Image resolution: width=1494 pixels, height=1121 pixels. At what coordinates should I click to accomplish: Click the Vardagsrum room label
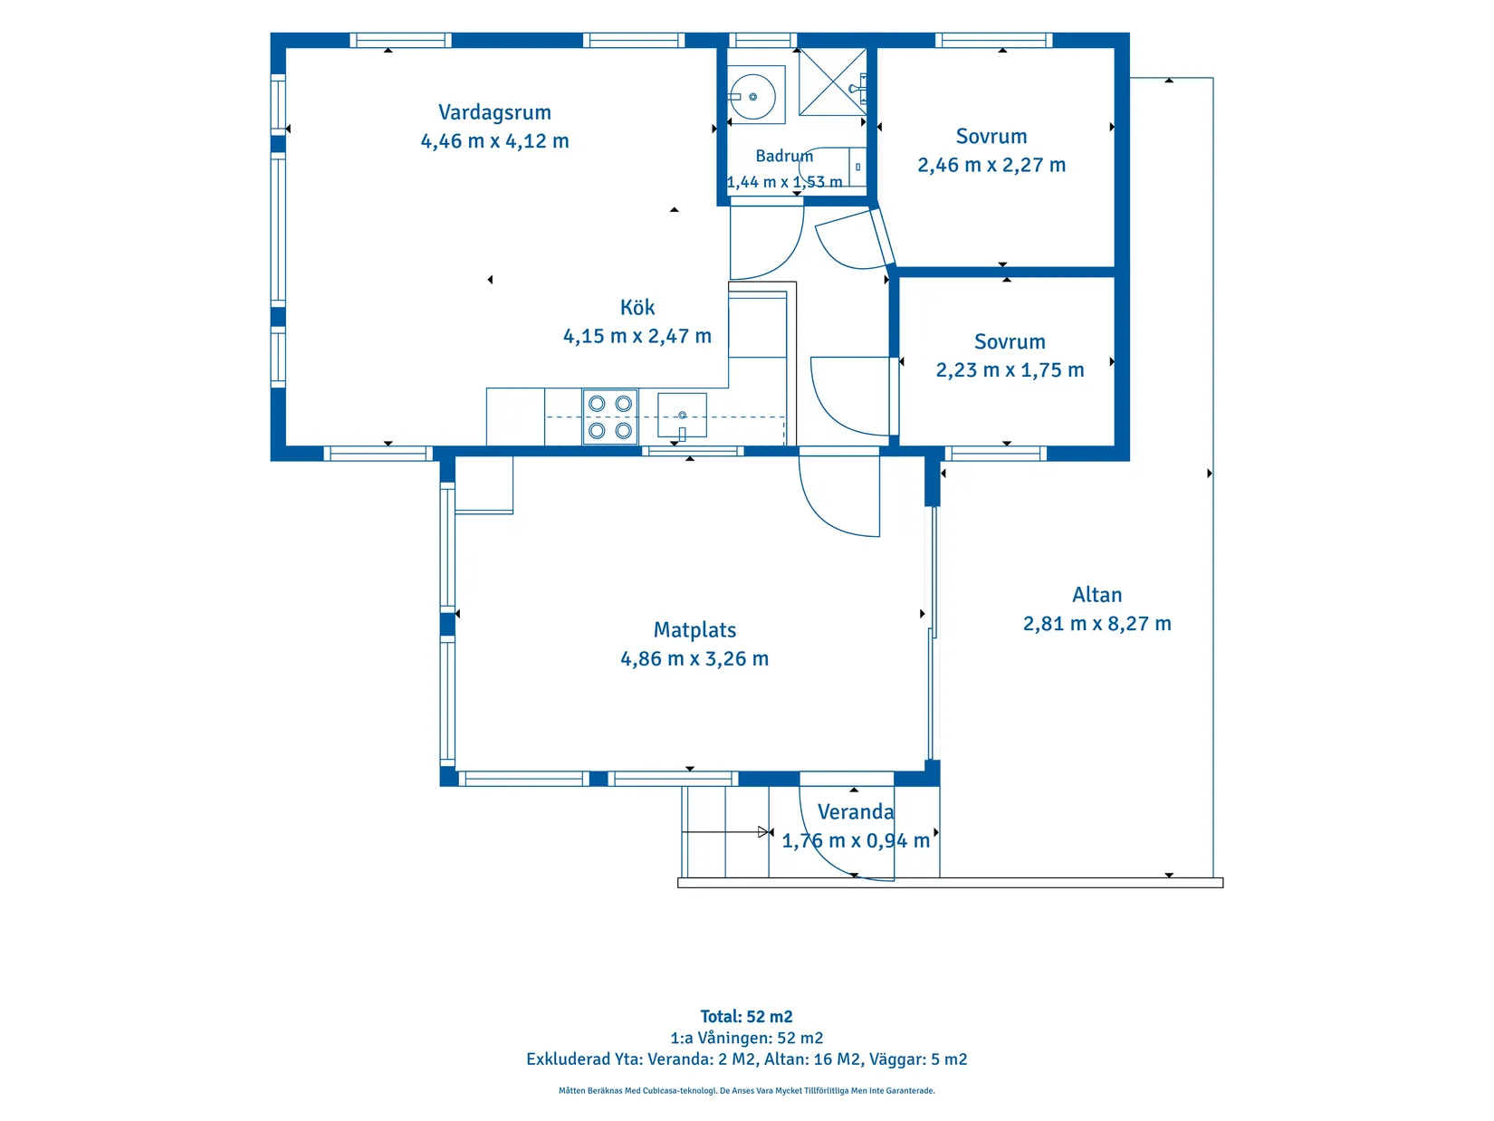tap(494, 112)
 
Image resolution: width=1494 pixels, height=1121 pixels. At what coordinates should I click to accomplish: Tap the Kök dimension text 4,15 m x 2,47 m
tap(637, 336)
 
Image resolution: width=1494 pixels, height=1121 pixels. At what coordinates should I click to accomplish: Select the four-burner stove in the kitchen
tap(610, 417)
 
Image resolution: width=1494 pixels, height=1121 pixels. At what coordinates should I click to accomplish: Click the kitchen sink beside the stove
tap(681, 416)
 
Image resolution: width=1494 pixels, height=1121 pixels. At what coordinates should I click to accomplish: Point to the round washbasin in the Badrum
tap(752, 96)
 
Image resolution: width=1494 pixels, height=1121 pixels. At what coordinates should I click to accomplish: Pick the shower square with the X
tap(832, 81)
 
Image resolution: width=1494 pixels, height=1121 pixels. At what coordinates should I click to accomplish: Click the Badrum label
tap(784, 156)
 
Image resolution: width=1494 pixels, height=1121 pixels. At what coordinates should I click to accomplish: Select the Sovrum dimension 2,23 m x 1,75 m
tap(1010, 369)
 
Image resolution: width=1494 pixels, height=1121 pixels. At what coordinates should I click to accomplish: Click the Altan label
tap(1097, 594)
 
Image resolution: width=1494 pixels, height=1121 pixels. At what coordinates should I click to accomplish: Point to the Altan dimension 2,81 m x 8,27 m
tap(1097, 623)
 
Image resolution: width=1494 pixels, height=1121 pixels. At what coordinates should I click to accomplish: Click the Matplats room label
tap(694, 629)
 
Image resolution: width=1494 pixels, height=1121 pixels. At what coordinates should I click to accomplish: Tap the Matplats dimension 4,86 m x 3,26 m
tap(694, 658)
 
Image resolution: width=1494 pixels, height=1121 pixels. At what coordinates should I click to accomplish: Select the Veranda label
tap(855, 811)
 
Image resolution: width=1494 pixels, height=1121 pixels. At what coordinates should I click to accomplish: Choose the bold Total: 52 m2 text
tap(747, 1016)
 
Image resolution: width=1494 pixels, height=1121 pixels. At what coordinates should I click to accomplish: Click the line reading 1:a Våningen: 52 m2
tap(747, 1038)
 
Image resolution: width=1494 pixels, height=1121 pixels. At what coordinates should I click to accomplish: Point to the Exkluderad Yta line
tap(747, 1059)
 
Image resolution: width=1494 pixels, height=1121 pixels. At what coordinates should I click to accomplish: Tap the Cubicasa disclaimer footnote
tap(747, 1090)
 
